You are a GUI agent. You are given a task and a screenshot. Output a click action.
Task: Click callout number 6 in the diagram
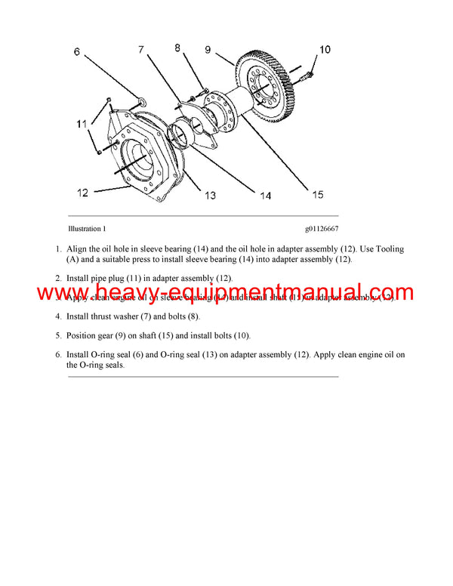pyautogui.click(x=76, y=52)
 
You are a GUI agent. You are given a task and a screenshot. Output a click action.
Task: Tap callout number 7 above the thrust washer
pyautogui.click(x=141, y=50)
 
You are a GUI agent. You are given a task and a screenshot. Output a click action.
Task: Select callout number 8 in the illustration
pyautogui.click(x=178, y=48)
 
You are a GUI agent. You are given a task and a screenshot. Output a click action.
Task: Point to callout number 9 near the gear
pyautogui.click(x=208, y=50)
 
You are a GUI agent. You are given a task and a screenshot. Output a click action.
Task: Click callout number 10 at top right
pyautogui.click(x=325, y=51)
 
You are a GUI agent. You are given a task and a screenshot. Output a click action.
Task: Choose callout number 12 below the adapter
pyautogui.click(x=82, y=193)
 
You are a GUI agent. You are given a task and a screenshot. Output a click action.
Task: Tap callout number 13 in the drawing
pyautogui.click(x=210, y=196)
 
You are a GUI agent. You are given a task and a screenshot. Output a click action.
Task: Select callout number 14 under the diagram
pyautogui.click(x=265, y=196)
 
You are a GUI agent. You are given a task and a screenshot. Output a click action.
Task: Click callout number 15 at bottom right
pyautogui.click(x=318, y=195)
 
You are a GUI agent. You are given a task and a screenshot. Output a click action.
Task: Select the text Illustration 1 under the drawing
pyautogui.click(x=87, y=228)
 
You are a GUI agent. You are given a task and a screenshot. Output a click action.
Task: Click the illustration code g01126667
pyautogui.click(x=321, y=228)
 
